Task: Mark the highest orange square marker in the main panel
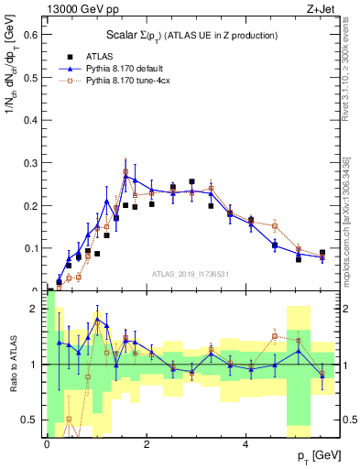click(125, 171)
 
